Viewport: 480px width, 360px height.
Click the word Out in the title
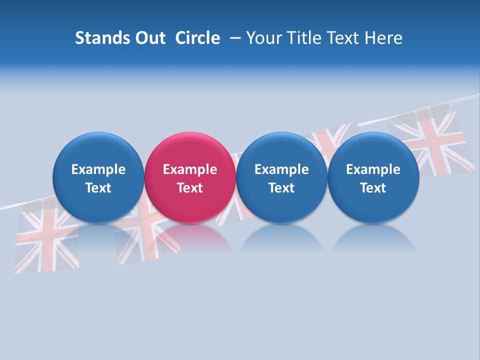point(149,38)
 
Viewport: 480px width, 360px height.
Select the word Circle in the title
point(197,38)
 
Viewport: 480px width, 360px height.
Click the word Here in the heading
point(383,38)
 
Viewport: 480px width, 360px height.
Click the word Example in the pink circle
point(190,169)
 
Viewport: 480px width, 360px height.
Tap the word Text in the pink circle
point(190,188)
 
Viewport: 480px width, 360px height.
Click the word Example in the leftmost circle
point(98,169)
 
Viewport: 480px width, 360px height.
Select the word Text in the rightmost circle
point(373,188)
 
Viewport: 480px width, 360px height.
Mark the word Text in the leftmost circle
point(98,188)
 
